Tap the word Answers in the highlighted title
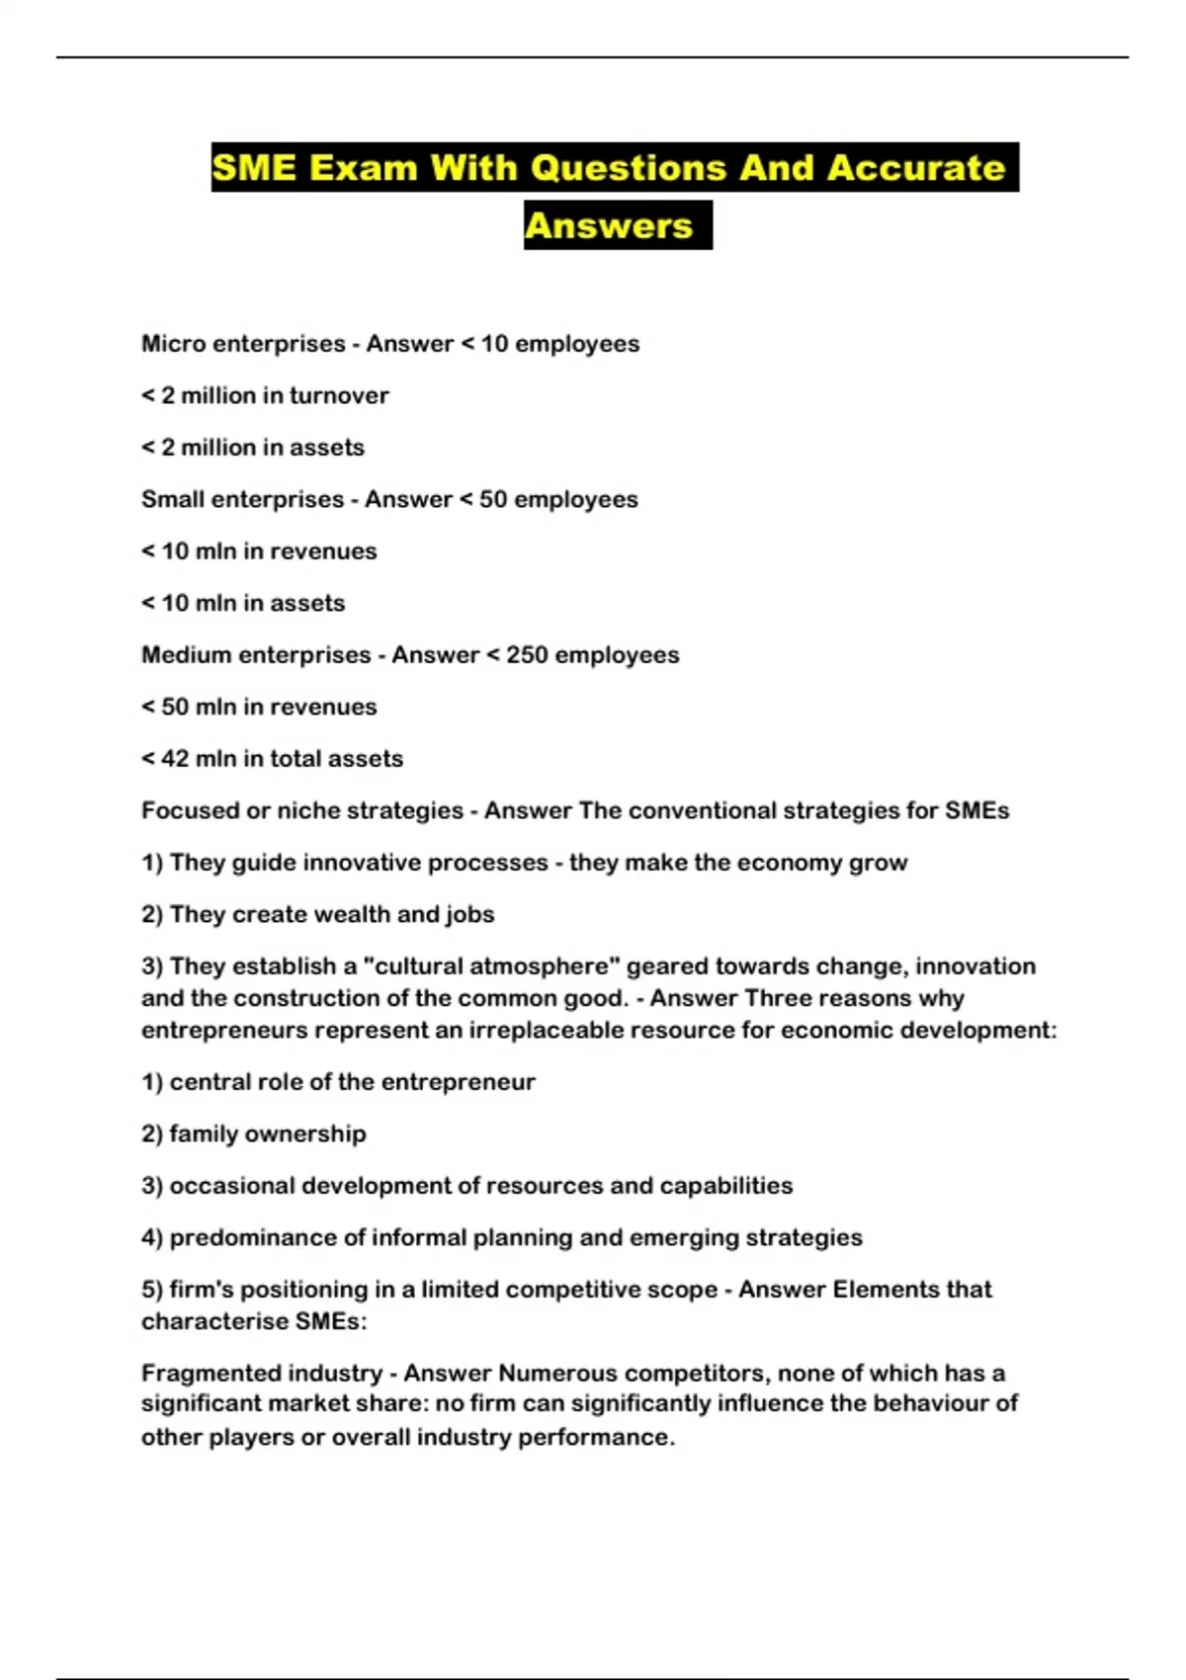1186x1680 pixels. (x=609, y=226)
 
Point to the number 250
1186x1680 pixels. (x=526, y=655)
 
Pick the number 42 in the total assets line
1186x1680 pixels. (x=175, y=759)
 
